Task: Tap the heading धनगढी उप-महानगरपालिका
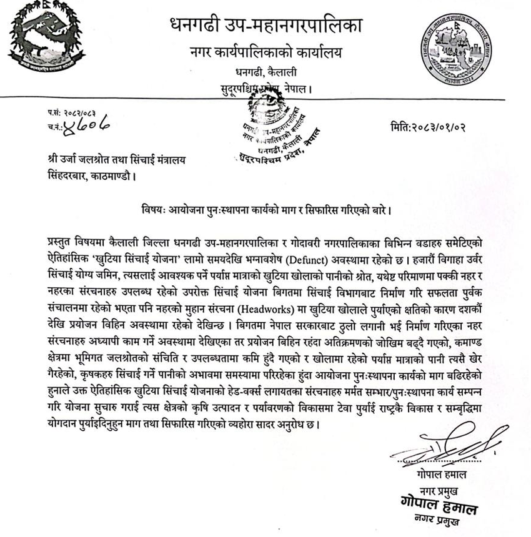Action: pos(265,26)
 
